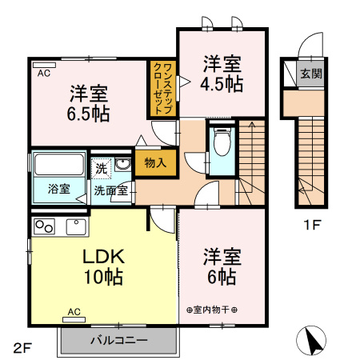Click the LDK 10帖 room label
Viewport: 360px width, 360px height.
[x=102, y=267]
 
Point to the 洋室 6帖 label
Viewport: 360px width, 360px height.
[x=222, y=266]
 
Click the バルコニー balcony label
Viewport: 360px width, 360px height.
[x=118, y=340]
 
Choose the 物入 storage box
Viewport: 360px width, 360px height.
[x=155, y=162]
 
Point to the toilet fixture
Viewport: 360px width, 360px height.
[x=222, y=145]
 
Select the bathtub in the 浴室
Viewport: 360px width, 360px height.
[x=59, y=167]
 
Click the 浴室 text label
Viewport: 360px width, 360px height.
[x=58, y=190]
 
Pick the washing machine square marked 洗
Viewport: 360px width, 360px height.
[x=101, y=168]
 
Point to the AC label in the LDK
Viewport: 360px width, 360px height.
[x=73, y=311]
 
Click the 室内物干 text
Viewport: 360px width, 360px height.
[x=212, y=310]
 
